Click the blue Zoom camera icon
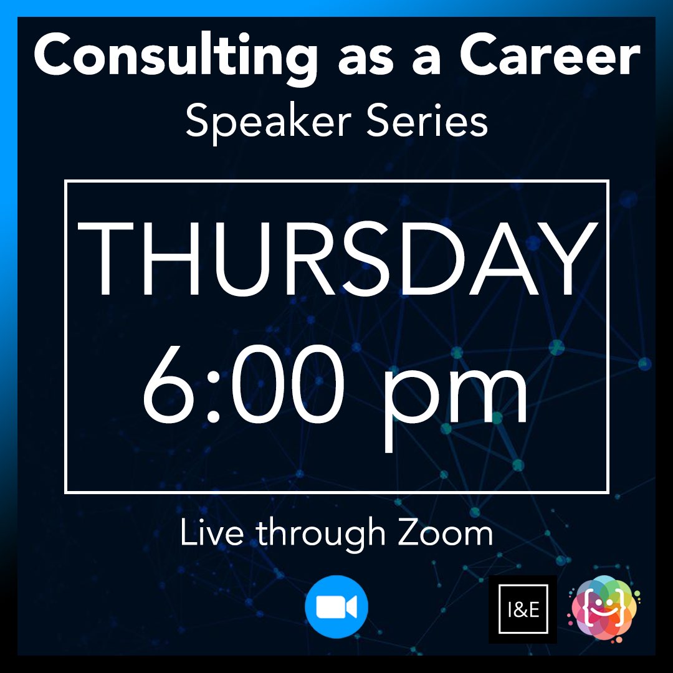coord(336,607)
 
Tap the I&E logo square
coord(522,609)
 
